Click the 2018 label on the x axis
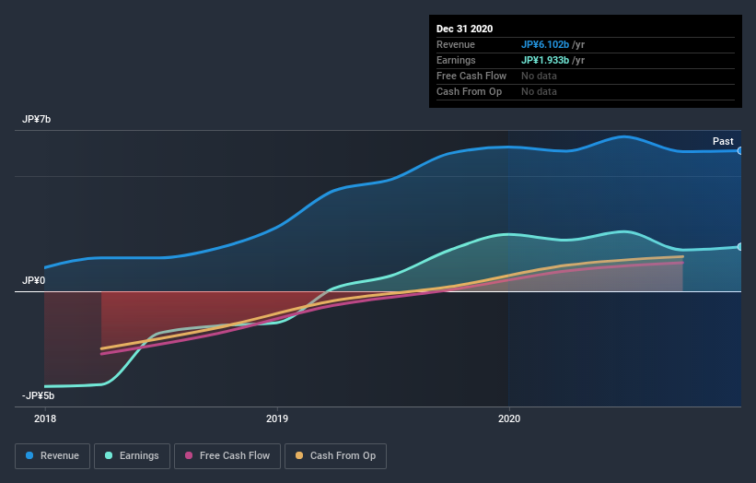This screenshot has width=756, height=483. click(x=44, y=418)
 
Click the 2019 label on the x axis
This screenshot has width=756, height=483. click(x=276, y=418)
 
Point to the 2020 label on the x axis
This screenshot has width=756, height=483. click(x=508, y=418)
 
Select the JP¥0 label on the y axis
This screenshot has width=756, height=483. click(x=35, y=280)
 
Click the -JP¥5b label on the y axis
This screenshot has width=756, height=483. click(x=39, y=395)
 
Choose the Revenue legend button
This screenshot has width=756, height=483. click(x=53, y=455)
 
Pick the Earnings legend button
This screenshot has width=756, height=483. click(x=132, y=455)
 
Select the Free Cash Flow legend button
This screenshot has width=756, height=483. click(x=227, y=455)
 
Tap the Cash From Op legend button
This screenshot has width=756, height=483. click(x=336, y=455)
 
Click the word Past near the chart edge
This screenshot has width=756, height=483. click(x=723, y=141)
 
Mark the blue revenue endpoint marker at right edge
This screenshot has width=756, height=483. click(x=739, y=150)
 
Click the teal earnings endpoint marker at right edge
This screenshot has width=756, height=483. click(x=739, y=246)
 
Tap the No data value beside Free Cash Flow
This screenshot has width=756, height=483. click(x=539, y=76)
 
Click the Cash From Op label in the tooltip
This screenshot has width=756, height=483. click(x=468, y=91)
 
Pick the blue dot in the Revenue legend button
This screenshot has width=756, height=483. click(x=30, y=455)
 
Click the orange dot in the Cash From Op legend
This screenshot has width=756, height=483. click(x=300, y=455)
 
